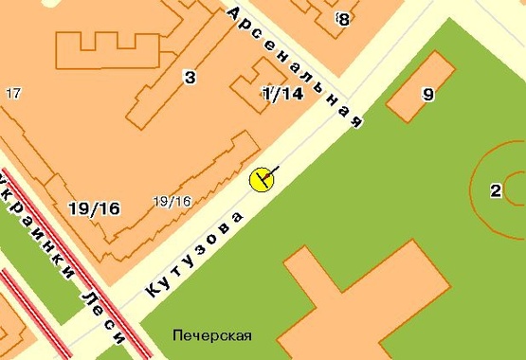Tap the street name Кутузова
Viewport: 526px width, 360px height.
click(x=195, y=254)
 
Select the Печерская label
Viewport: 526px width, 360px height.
click(x=212, y=335)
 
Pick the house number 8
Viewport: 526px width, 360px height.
click(x=343, y=18)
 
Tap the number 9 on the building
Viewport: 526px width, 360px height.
click(x=427, y=94)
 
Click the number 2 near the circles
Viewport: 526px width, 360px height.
click(x=495, y=190)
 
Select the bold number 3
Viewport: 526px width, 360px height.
click(x=190, y=78)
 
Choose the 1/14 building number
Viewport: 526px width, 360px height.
click(x=282, y=93)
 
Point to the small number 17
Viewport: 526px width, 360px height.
click(x=13, y=93)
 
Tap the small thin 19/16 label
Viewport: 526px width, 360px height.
click(x=172, y=201)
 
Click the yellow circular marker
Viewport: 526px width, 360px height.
click(x=262, y=178)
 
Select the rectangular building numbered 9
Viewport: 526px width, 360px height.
click(x=420, y=87)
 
